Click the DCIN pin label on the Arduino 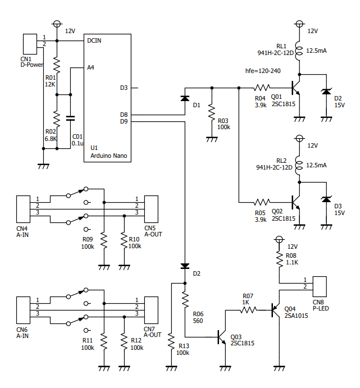point(94,40)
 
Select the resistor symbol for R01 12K point(57,65)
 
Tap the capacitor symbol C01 point(71,118)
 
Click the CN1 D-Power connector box point(30,44)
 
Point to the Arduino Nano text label point(108,156)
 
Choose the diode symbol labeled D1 point(185,98)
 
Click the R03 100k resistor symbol point(212,113)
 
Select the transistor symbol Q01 point(296,88)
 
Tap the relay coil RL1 point(299,51)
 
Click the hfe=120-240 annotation point(263,71)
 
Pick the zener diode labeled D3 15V point(326,199)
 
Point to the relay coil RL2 point(299,165)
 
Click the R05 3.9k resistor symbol point(262,202)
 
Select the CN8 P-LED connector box point(320,286)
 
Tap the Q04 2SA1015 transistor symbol point(276,310)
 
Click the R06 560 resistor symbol point(185,300)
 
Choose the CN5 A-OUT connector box point(151,209)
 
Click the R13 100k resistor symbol point(171,341)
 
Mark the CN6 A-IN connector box point(23,310)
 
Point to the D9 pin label point(124,121)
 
